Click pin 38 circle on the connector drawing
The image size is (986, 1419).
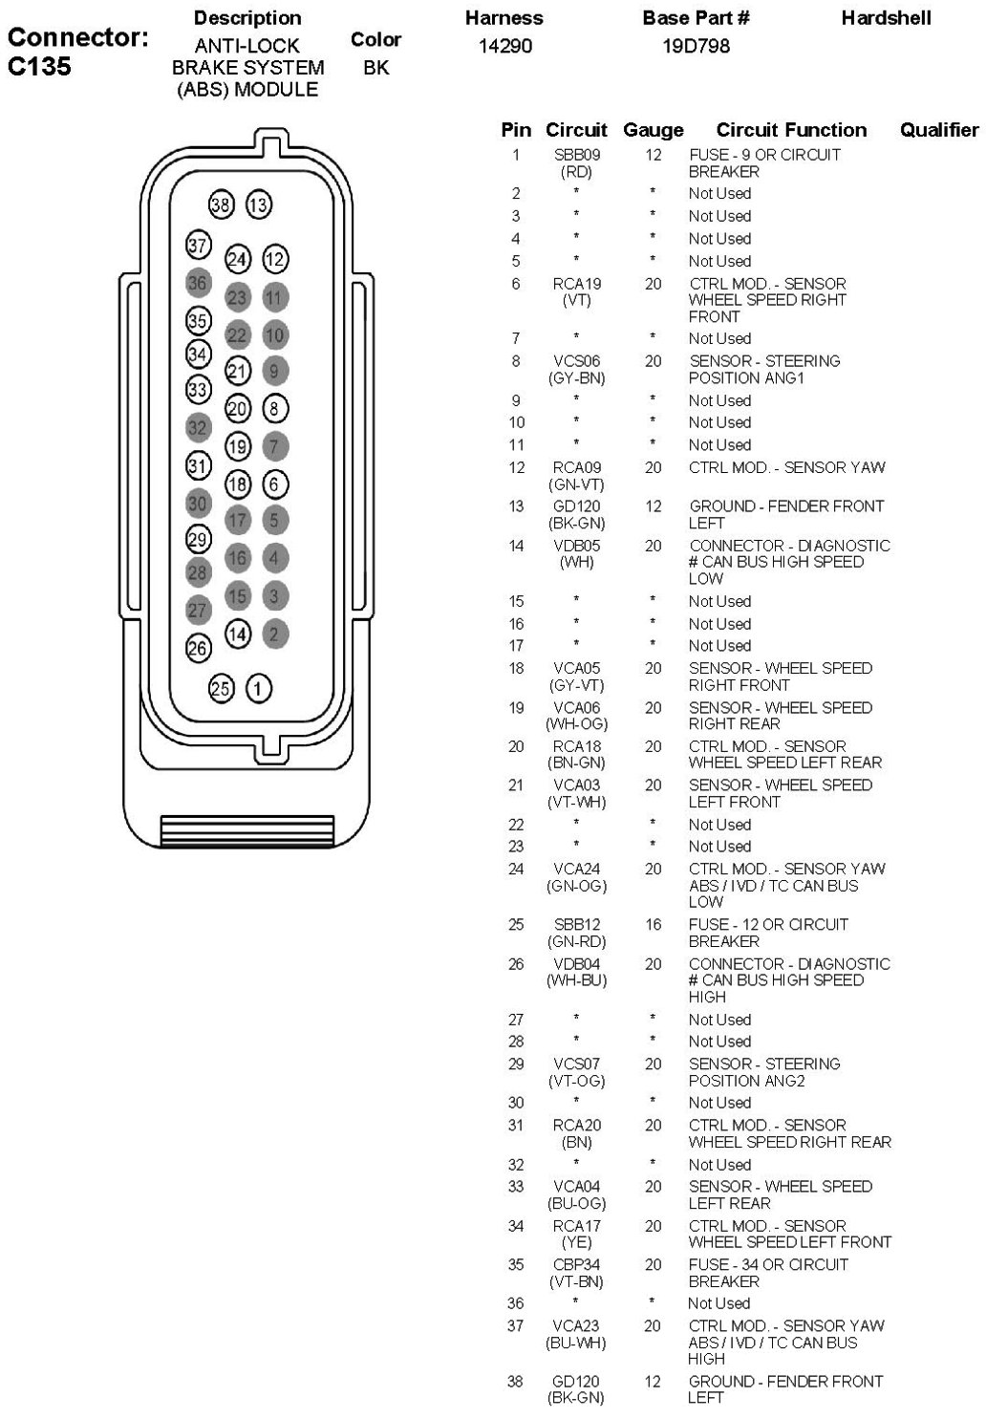point(221,204)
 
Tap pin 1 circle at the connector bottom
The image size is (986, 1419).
point(259,688)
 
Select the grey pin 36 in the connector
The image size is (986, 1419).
point(198,283)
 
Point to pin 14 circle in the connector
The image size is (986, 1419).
point(237,634)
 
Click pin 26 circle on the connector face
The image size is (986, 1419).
point(198,648)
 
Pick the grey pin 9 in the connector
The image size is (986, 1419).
point(274,371)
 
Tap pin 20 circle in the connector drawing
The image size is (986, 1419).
point(237,409)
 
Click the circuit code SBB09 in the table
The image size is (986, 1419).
point(577,155)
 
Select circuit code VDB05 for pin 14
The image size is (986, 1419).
point(577,546)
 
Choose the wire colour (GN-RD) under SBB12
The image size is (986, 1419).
point(577,941)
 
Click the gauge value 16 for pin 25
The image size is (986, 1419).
point(653,924)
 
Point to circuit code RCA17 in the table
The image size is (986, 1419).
point(577,1226)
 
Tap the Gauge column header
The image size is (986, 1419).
point(653,130)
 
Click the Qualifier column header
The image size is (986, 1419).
point(938,130)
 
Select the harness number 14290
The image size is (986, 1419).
point(504,46)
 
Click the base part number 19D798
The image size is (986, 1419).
point(696,46)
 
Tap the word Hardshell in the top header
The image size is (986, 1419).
point(886,18)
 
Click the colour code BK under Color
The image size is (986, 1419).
point(375,68)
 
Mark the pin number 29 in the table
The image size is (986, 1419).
point(516,1064)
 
